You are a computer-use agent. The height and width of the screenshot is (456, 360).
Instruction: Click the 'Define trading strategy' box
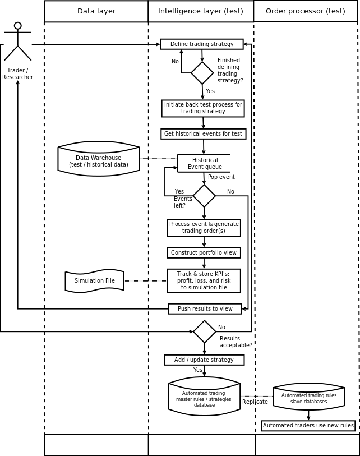click(202, 44)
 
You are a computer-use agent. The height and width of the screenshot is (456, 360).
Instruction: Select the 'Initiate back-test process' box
click(203, 108)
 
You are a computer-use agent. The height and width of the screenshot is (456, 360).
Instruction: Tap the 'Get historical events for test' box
click(203, 134)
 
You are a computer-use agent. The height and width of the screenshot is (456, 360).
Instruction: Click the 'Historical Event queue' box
click(204, 163)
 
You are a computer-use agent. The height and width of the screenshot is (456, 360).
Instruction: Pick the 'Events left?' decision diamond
click(204, 196)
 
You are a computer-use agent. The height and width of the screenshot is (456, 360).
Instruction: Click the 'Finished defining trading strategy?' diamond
click(202, 73)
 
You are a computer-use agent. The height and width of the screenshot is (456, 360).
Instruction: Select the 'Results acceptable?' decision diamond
click(205, 331)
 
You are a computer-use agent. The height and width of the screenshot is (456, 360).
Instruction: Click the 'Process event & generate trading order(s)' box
click(204, 228)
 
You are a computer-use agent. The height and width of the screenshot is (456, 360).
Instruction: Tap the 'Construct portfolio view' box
click(204, 253)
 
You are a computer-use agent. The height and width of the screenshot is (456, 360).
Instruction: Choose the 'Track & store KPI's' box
click(204, 281)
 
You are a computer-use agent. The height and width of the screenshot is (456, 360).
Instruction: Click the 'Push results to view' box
click(205, 309)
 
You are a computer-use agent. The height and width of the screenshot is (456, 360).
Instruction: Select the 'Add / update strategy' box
click(204, 360)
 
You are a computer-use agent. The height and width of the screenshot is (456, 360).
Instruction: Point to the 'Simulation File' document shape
click(95, 281)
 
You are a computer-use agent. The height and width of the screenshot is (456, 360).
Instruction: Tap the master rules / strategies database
click(204, 397)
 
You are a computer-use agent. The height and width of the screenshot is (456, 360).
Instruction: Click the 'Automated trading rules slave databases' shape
click(308, 397)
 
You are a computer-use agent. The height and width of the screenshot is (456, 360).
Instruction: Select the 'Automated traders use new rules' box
click(308, 426)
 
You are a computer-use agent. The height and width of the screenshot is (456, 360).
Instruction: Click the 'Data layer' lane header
click(96, 11)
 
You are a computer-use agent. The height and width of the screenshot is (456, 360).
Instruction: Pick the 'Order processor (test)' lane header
click(306, 11)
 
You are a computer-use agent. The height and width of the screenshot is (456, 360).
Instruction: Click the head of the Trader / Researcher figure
click(18, 26)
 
